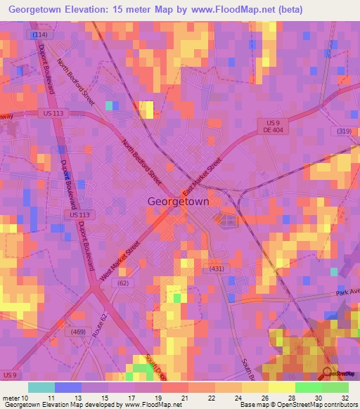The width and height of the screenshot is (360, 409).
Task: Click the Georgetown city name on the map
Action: tap(178, 201)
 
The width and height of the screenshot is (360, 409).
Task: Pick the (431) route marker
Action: tap(214, 269)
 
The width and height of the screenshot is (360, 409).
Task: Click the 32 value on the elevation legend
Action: tap(345, 397)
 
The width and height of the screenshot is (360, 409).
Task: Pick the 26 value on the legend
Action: tap(264, 397)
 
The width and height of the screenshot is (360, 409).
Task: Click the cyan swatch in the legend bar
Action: tap(41, 387)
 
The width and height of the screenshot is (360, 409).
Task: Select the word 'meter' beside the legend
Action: tap(15, 397)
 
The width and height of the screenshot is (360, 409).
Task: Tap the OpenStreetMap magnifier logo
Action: tap(326, 373)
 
